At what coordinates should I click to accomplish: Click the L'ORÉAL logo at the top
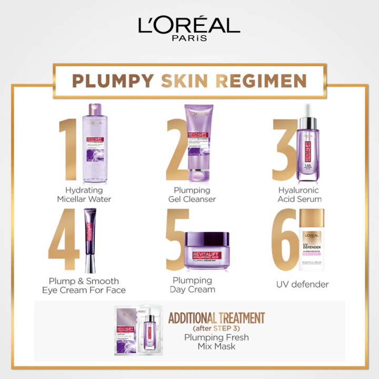tap(189, 26)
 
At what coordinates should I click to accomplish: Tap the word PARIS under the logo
tap(189, 38)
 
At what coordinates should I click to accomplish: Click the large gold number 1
tap(68, 149)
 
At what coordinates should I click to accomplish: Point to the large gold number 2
tap(177, 149)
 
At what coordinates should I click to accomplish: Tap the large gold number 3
tap(284, 149)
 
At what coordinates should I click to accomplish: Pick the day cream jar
tap(206, 251)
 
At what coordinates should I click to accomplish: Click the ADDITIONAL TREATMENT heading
tap(216, 318)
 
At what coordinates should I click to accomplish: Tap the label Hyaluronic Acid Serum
tap(299, 194)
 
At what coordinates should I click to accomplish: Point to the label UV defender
tap(302, 284)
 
